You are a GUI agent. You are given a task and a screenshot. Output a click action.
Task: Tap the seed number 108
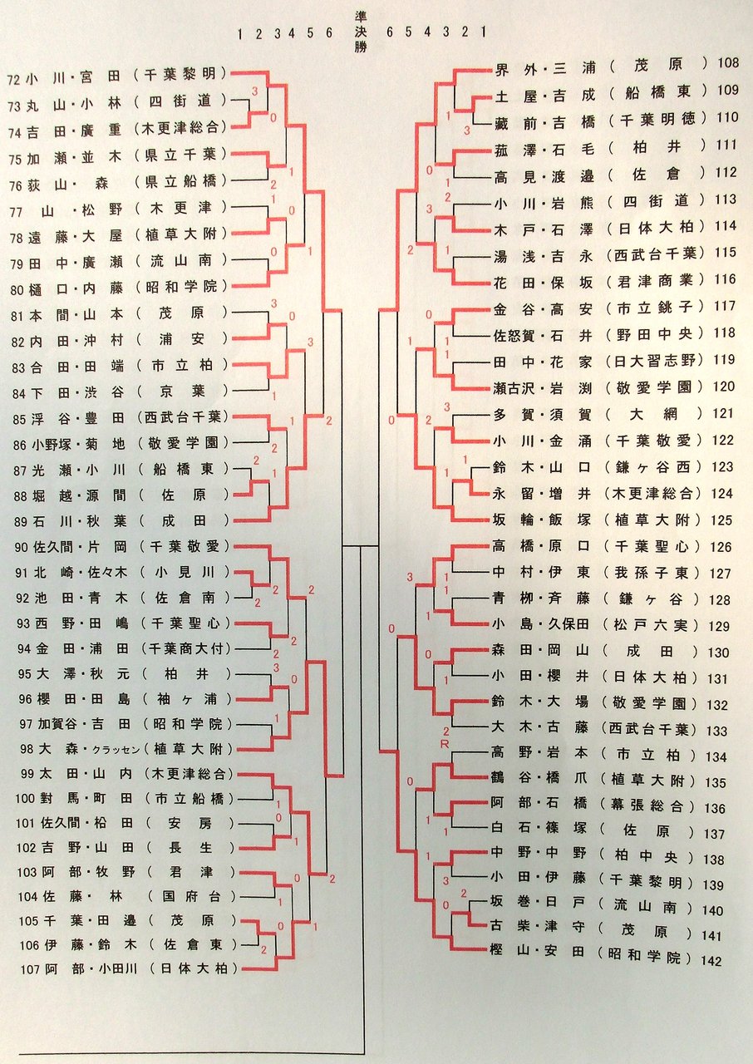click(727, 63)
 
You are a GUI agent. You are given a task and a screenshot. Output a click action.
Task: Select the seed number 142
click(711, 961)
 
